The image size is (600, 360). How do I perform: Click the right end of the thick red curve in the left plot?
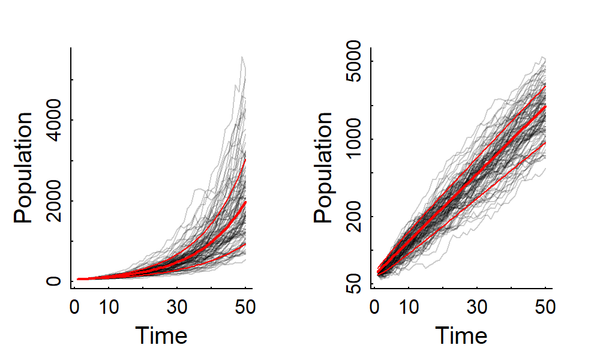click(x=245, y=202)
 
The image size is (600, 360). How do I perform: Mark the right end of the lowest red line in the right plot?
click(x=545, y=142)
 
